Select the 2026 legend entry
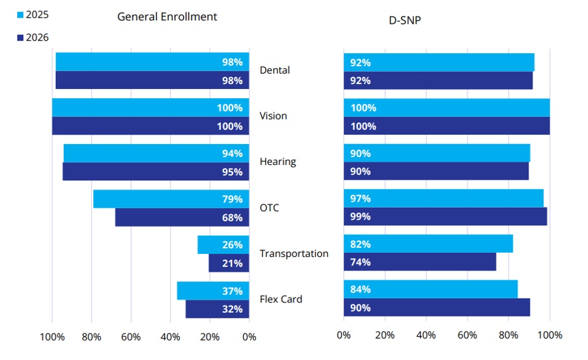tap(32, 37)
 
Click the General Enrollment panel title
tap(167, 17)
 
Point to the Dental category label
tap(275, 70)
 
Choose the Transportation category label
tap(294, 253)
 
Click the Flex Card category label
tap(281, 299)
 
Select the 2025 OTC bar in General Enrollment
tap(171, 199)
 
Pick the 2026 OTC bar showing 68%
tap(182, 218)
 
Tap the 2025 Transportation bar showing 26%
tap(223, 245)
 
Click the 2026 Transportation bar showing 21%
tap(228, 263)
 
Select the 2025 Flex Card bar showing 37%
tap(213, 291)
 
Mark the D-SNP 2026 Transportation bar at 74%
tap(420, 262)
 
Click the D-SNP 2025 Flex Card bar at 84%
tap(430, 289)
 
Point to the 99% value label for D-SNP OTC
tap(360, 216)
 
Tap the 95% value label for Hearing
tap(232, 172)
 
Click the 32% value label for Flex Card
tap(232, 309)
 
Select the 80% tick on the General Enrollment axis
tap(91, 337)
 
